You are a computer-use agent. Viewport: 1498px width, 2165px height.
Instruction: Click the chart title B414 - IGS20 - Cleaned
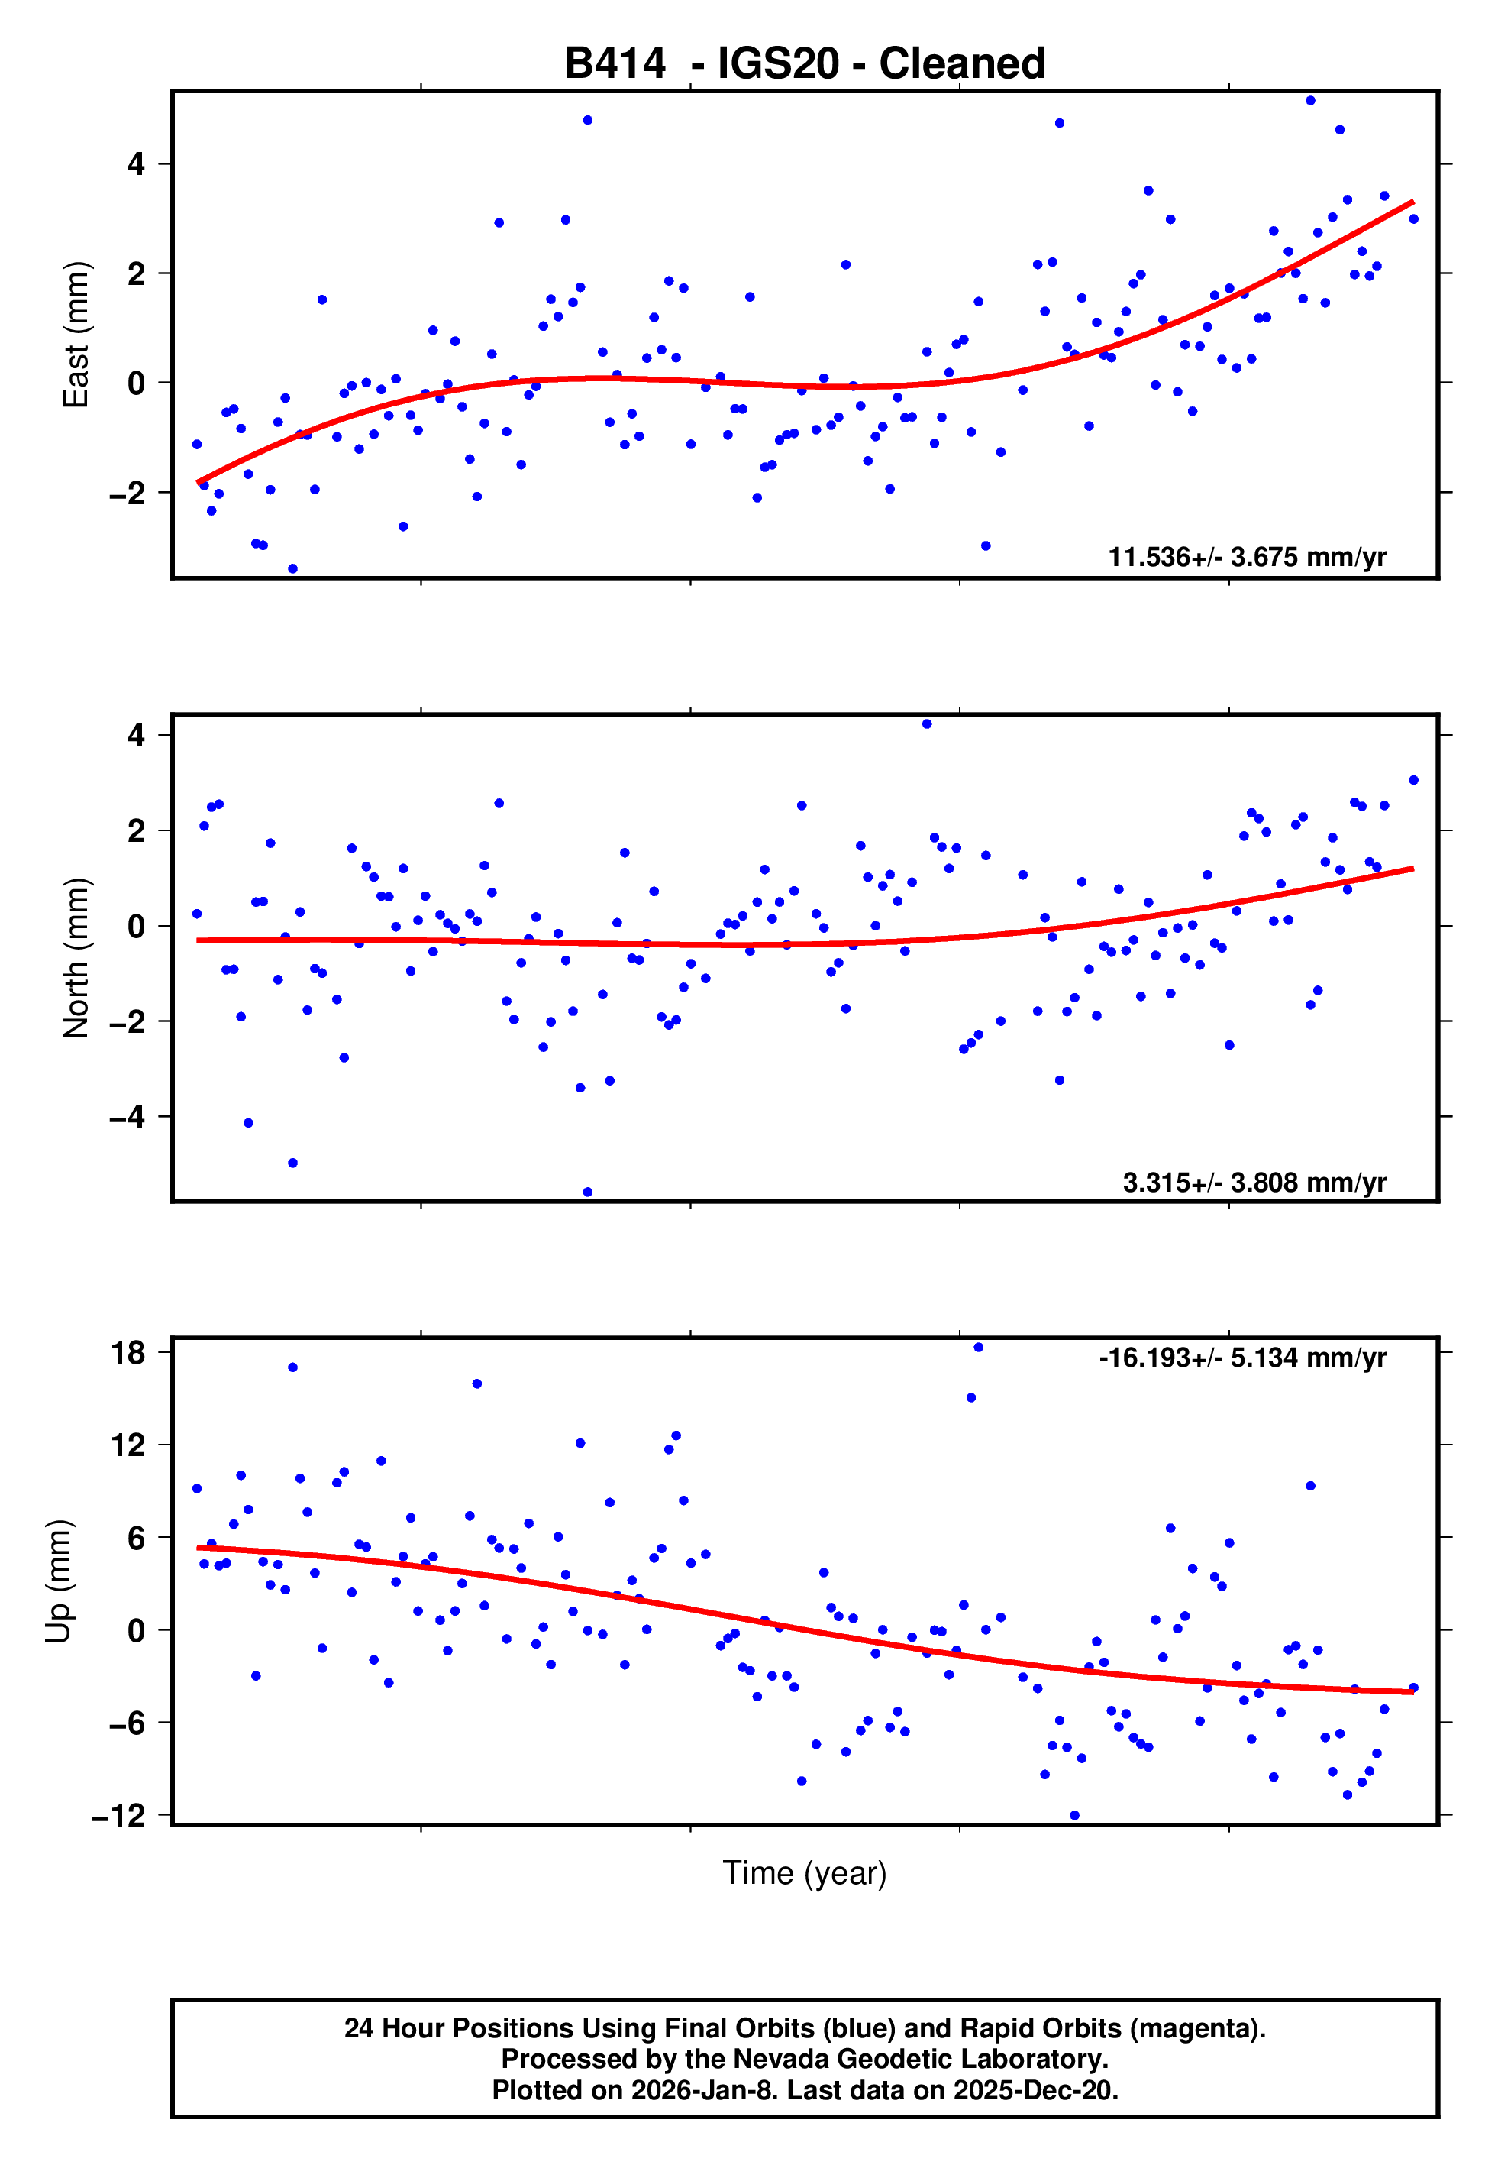pyautogui.click(x=805, y=64)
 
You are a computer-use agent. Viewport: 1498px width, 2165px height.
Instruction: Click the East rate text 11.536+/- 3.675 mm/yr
pyautogui.click(x=1247, y=557)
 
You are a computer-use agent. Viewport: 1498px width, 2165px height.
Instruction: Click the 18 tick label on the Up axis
pyautogui.click(x=128, y=1353)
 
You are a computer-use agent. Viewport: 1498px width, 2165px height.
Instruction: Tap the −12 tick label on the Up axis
pyautogui.click(x=118, y=1816)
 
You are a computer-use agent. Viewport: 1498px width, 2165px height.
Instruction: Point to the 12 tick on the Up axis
pyautogui.click(x=128, y=1445)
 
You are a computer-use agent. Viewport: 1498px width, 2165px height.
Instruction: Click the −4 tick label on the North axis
pyautogui.click(x=127, y=1116)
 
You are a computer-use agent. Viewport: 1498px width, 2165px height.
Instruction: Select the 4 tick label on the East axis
pyautogui.click(x=136, y=164)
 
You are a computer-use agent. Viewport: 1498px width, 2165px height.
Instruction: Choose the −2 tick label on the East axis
pyautogui.click(x=127, y=492)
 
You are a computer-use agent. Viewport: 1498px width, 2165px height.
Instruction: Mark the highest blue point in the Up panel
pyautogui.click(x=978, y=1348)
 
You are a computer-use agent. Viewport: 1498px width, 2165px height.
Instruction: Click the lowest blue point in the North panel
pyautogui.click(x=588, y=1193)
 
